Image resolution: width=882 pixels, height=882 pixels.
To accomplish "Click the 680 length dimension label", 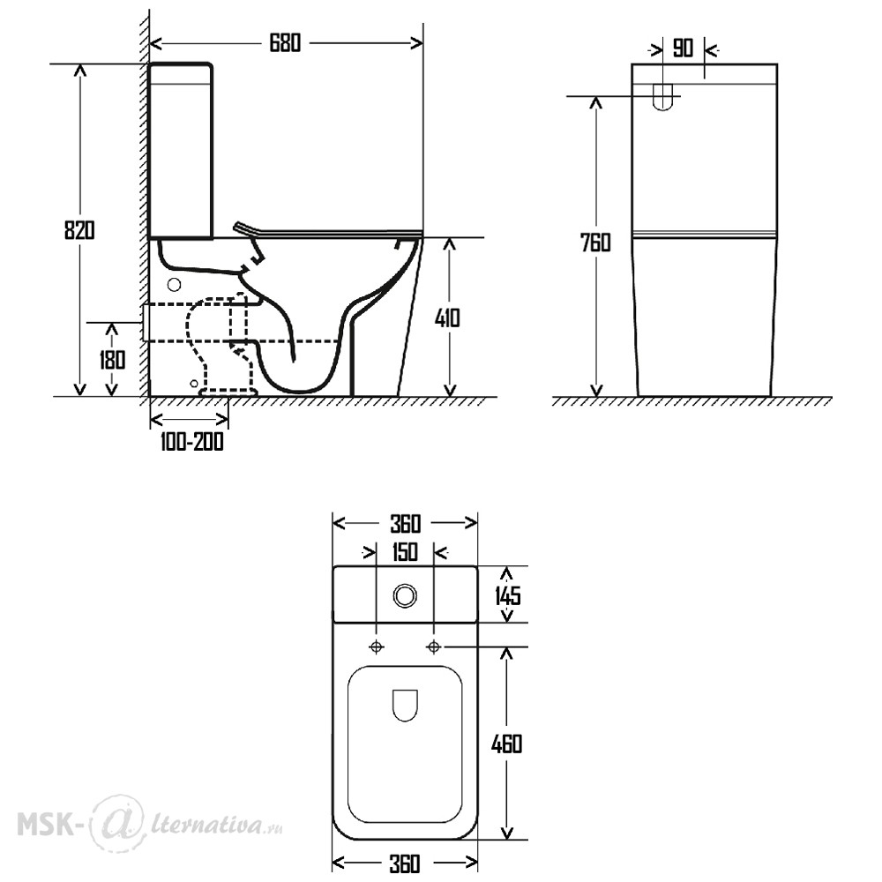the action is [285, 43].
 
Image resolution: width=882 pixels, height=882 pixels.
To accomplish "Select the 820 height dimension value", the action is [79, 230].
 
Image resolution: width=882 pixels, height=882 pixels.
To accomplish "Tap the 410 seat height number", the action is [447, 318].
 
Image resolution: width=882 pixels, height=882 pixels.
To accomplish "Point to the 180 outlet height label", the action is [113, 360].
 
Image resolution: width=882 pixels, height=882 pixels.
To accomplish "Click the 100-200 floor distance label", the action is [191, 442].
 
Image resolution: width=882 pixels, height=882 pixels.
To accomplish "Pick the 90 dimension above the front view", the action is [683, 49].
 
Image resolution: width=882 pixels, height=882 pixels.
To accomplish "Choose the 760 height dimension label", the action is [595, 243].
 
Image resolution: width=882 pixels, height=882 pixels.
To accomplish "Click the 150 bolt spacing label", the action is [405, 552].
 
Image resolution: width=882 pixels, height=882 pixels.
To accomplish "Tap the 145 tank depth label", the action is [508, 595].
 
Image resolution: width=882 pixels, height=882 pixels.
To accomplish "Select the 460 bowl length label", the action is [507, 744].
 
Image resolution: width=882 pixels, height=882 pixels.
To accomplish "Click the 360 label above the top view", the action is [405, 524].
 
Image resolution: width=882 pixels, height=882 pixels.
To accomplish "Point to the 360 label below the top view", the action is [405, 863].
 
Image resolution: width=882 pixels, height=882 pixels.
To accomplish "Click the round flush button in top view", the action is [405, 595].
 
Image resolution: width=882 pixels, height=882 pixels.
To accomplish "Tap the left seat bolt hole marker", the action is [377, 647].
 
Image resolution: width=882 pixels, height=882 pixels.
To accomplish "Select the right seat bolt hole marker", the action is [434, 647].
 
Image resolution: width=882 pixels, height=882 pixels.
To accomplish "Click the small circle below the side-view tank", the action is [175, 285].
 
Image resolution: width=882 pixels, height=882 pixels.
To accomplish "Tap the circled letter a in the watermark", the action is [114, 822].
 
